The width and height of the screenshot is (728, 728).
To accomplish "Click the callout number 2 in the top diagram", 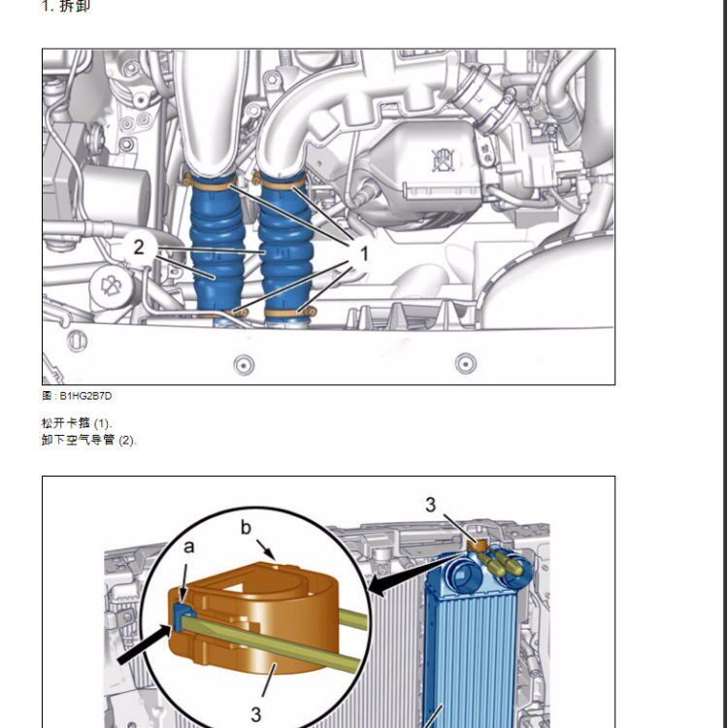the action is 139,247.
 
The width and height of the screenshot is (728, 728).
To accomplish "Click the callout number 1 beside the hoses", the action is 364,254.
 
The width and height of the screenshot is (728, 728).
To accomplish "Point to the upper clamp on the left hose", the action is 209,182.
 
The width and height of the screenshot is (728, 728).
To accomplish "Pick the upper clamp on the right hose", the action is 280,181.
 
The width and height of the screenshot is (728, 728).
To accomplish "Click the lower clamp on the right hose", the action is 290,312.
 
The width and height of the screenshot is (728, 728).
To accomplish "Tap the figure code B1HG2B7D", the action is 85,396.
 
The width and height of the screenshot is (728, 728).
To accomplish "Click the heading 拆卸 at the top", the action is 75,6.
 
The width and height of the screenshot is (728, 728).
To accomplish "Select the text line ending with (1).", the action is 77,423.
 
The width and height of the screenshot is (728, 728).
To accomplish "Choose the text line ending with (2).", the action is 88,440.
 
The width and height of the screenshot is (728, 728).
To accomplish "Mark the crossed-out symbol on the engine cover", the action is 444,160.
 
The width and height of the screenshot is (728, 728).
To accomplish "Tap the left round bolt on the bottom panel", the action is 244,365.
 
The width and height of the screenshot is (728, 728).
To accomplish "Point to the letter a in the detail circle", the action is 188,546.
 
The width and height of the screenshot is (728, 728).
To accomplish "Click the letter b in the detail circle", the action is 246,527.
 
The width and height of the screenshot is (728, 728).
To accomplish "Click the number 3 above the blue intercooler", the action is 430,505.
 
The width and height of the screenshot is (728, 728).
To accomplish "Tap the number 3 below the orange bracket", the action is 256,714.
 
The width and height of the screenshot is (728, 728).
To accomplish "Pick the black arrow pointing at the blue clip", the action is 145,645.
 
